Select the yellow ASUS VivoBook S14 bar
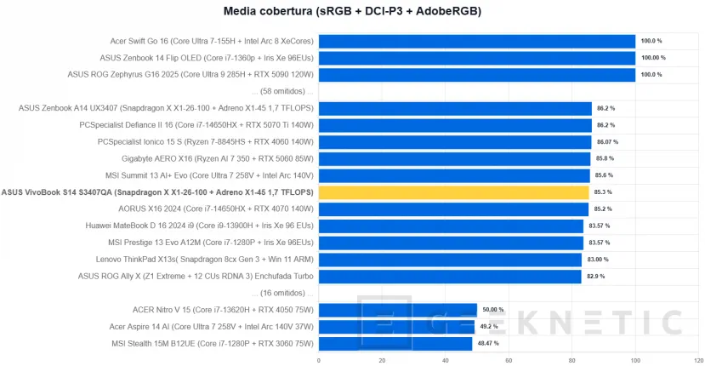(454, 192)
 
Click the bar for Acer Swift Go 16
(477, 41)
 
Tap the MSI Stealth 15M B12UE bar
(395, 344)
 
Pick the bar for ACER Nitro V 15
(398, 310)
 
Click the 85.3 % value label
(603, 192)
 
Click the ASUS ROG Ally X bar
(450, 276)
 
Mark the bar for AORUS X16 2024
(453, 209)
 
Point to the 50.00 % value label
(493, 310)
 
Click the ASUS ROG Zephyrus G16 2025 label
(190, 75)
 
